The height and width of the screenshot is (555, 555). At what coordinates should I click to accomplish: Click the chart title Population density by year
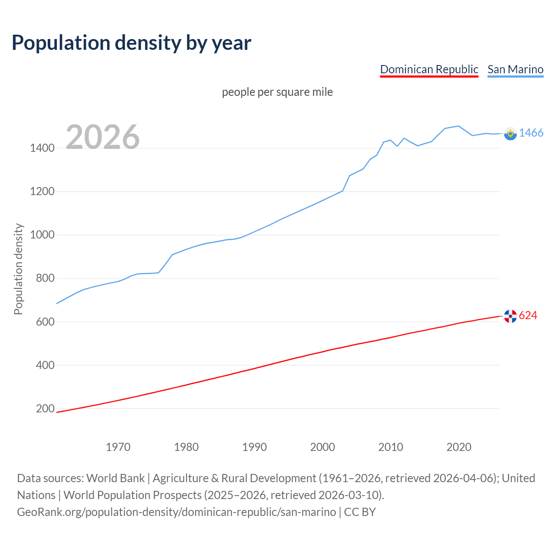(x=131, y=43)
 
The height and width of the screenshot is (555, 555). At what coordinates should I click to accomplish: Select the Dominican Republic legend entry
(x=429, y=69)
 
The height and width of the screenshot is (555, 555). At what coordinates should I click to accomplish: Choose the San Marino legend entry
(x=515, y=69)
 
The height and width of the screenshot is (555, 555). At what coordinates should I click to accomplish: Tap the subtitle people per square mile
(x=277, y=92)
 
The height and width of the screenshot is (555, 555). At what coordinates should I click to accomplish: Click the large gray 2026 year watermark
(x=103, y=137)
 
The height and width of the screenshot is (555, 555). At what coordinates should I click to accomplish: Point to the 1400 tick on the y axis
(x=42, y=148)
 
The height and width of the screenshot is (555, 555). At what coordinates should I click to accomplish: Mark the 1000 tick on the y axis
(x=42, y=235)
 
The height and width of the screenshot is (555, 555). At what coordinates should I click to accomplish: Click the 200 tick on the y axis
(x=45, y=408)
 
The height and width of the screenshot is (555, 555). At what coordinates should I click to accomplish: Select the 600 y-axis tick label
(x=45, y=322)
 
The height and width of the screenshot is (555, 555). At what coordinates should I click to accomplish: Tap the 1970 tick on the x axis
(x=118, y=447)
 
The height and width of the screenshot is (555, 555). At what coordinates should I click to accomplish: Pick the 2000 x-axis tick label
(x=323, y=447)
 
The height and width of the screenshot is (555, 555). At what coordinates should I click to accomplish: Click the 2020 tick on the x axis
(x=459, y=447)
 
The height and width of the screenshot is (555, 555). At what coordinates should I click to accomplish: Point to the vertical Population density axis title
(x=18, y=269)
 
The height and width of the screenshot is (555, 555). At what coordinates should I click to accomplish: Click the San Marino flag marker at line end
(x=510, y=134)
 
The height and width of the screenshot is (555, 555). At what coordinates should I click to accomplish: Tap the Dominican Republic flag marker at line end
(x=510, y=316)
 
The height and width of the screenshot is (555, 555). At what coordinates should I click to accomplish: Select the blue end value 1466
(x=531, y=133)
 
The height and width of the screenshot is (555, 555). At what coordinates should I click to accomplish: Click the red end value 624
(x=528, y=316)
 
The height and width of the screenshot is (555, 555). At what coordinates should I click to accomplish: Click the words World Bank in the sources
(x=115, y=478)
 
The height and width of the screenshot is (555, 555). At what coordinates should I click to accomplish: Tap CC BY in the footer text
(x=359, y=512)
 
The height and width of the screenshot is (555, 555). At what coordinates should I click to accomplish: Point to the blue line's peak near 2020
(x=458, y=126)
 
